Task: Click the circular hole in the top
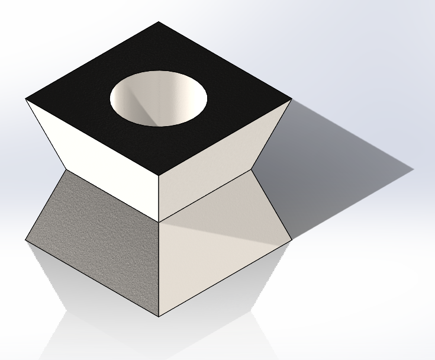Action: (x=159, y=98)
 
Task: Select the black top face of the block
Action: (x=89, y=89)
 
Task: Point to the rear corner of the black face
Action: (x=159, y=22)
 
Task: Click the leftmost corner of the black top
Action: (x=26, y=99)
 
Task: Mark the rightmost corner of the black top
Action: (x=292, y=99)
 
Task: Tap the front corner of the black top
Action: (x=159, y=176)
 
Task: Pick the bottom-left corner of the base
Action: (x=26, y=240)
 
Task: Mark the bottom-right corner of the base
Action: (x=292, y=240)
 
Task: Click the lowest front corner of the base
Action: (x=159, y=317)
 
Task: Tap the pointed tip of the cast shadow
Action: (x=413, y=170)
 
